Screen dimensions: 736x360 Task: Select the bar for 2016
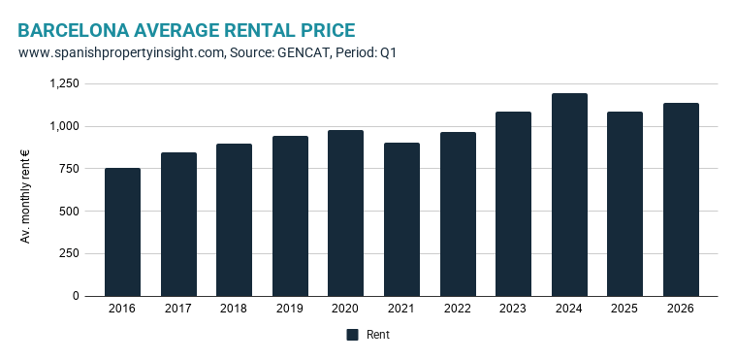point(122,232)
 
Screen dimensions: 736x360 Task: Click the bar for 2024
point(569,195)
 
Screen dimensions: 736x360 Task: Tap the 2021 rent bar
point(401,219)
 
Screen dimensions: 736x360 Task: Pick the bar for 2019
point(290,216)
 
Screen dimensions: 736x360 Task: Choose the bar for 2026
point(681,200)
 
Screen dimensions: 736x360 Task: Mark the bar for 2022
point(458,214)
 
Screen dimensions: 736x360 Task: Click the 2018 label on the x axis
point(234,309)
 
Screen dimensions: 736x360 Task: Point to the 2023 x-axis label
point(513,309)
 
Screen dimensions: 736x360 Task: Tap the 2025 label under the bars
point(624,309)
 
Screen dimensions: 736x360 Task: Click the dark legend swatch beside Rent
point(352,335)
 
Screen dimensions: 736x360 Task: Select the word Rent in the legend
point(378,335)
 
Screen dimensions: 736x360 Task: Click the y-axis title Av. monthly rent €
point(25,196)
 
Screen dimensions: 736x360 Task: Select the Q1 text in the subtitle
point(388,52)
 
